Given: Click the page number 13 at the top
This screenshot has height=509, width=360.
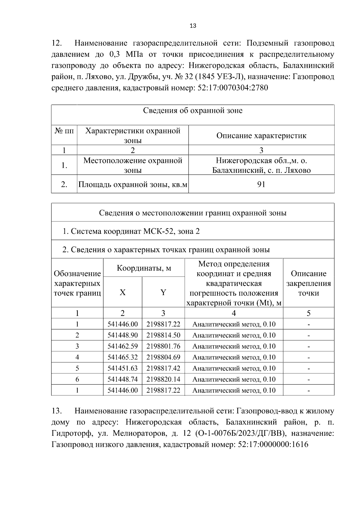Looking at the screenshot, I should (193, 26).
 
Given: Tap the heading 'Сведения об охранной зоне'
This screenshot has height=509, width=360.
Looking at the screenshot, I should (193, 111).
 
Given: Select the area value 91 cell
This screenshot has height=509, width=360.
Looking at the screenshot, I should (261, 184).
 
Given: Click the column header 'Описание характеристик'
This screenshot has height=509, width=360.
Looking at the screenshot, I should (261, 136).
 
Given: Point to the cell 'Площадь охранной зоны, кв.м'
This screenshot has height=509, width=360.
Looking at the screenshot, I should (133, 184).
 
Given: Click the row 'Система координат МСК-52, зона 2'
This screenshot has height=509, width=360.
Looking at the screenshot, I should (131, 231).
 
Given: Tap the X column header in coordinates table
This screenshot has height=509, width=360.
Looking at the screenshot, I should (122, 292).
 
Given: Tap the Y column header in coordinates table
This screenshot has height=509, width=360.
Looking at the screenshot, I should (163, 292).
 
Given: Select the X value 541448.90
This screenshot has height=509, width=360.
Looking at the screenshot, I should (122, 335).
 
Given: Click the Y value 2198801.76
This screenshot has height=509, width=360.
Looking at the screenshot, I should (163, 346).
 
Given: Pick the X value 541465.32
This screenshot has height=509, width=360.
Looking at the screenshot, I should (122, 357).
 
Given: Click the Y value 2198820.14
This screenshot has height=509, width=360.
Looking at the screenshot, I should (163, 379).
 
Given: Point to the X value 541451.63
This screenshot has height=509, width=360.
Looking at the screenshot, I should (122, 368).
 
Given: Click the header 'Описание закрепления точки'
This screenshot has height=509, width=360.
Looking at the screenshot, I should (308, 283).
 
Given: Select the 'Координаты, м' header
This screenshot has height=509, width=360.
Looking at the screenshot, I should (144, 268).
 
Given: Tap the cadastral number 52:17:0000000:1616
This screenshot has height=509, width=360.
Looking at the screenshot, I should (273, 444).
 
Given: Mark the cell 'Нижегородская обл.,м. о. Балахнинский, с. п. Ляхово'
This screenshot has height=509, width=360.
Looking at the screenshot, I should (261, 165).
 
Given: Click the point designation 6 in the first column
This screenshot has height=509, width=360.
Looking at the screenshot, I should (77, 379).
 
